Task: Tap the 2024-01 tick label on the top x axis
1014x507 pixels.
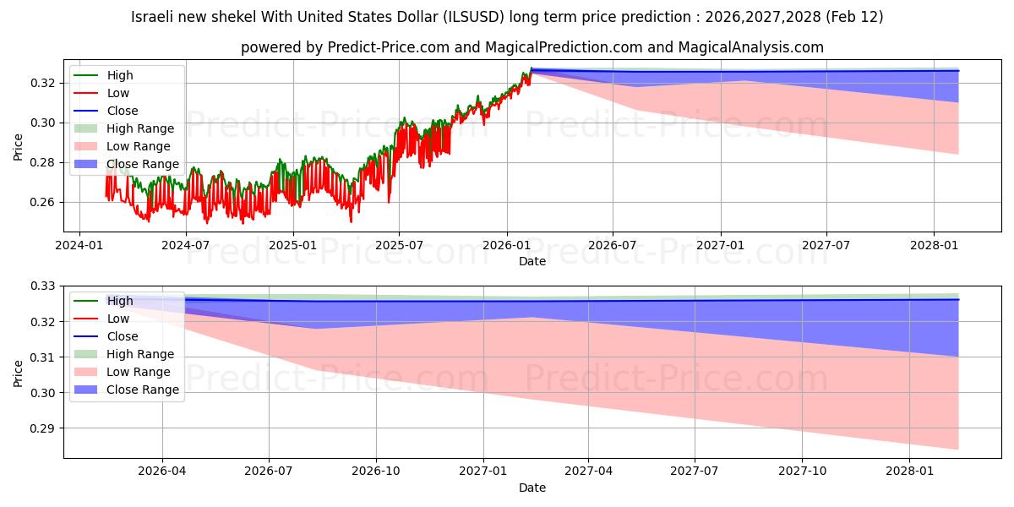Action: click(x=79, y=245)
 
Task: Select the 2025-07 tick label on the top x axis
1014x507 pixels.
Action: click(x=399, y=245)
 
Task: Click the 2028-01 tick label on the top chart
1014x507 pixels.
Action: click(x=934, y=245)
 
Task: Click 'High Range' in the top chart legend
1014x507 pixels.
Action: click(x=140, y=128)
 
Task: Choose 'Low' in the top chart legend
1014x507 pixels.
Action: click(x=118, y=93)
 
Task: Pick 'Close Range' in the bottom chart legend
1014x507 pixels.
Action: click(x=143, y=390)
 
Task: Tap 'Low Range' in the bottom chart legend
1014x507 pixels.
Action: click(x=139, y=372)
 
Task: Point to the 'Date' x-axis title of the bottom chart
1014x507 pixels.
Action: click(x=532, y=488)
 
